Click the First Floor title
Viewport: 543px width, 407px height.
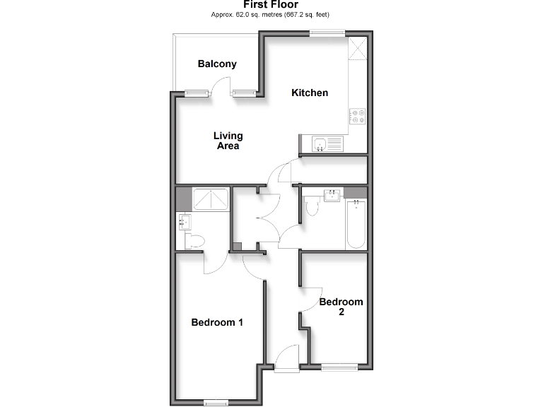click(x=271, y=5)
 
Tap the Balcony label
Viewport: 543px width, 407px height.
click(x=217, y=64)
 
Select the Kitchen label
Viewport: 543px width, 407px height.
click(x=310, y=93)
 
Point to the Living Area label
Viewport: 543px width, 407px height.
click(x=228, y=141)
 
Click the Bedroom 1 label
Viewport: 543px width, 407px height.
click(x=217, y=322)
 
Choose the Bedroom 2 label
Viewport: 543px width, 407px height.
click(x=341, y=307)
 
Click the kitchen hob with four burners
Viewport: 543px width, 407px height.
click(x=357, y=116)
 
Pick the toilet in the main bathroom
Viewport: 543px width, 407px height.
click(x=311, y=207)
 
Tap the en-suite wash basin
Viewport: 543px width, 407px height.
click(x=183, y=223)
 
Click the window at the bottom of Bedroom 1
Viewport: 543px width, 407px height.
click(x=216, y=403)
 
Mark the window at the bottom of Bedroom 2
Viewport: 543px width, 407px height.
click(x=339, y=366)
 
